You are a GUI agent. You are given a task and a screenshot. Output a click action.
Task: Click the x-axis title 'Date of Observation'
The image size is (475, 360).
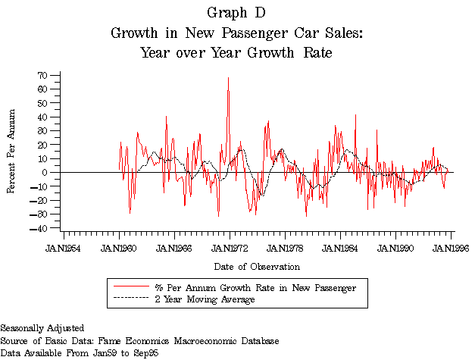[257, 267]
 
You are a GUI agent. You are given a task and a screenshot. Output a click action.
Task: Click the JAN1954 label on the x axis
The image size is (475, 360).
[64, 248]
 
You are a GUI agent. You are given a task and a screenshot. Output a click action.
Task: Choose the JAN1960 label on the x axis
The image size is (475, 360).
[120, 248]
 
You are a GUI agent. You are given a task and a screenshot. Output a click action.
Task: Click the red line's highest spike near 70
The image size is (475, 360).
[228, 77]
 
